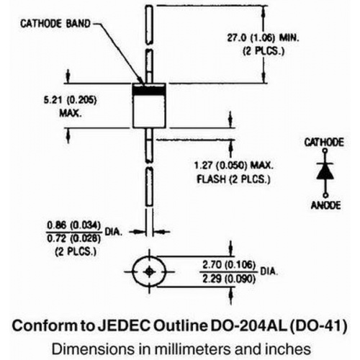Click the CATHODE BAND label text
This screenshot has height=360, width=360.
pyautogui.click(x=55, y=24)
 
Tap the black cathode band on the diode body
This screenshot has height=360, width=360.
pyautogui.click(x=149, y=91)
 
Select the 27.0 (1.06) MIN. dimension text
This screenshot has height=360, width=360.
pyautogui.click(x=263, y=38)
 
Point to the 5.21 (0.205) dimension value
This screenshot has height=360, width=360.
pyautogui.click(x=70, y=100)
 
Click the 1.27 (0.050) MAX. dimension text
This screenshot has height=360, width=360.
pyautogui.click(x=233, y=166)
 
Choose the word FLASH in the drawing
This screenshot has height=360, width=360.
pyautogui.click(x=212, y=179)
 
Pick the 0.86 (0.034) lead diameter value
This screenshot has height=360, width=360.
pyautogui.click(x=73, y=225)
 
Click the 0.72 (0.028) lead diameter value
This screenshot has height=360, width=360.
pyautogui.click(x=73, y=238)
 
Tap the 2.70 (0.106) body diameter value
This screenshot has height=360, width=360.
pyautogui.click(x=229, y=265)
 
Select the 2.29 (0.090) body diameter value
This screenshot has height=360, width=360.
pyautogui.click(x=229, y=279)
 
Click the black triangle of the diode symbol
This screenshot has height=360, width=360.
pyautogui.click(x=325, y=171)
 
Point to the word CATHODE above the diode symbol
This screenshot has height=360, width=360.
pyautogui.click(x=324, y=143)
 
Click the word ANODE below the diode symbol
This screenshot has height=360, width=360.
pyautogui.click(x=325, y=205)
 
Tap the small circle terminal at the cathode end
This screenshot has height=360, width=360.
pyautogui.click(x=325, y=150)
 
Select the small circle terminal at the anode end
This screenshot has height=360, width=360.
pyautogui.click(x=325, y=196)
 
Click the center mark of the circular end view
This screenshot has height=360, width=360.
pyautogui.click(x=149, y=271)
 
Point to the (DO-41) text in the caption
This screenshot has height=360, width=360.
pyautogui.click(x=318, y=326)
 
